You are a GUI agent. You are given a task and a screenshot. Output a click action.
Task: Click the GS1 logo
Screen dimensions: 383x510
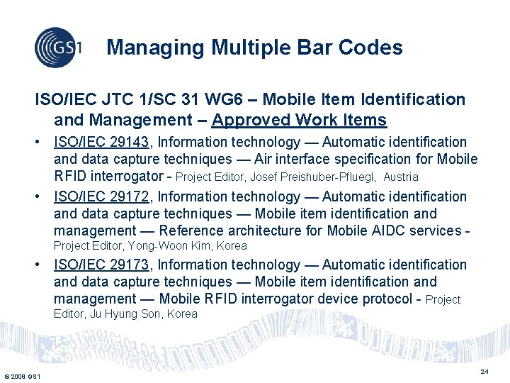pyautogui.click(x=58, y=47)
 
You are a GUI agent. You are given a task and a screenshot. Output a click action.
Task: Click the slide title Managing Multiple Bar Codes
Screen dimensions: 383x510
pyautogui.click(x=254, y=48)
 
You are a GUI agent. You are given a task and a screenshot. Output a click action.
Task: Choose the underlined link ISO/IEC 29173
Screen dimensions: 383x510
pyautogui.click(x=101, y=265)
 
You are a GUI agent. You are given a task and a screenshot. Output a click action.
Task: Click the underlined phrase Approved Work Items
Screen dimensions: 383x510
pyautogui.click(x=299, y=120)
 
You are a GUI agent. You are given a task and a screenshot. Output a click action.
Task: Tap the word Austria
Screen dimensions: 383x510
pyautogui.click(x=401, y=177)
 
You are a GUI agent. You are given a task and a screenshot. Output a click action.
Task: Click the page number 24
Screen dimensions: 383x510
pyautogui.click(x=484, y=372)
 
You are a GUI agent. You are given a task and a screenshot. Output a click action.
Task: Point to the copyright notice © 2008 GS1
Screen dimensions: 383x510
pyautogui.click(x=22, y=375)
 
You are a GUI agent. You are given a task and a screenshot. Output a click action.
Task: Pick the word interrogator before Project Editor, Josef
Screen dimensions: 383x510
pyautogui.click(x=128, y=177)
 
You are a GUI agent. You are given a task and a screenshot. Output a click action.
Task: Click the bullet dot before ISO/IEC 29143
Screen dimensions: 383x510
pyautogui.click(x=43, y=143)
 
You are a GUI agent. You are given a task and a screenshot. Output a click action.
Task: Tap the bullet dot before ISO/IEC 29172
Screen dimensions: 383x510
pyautogui.click(x=43, y=196)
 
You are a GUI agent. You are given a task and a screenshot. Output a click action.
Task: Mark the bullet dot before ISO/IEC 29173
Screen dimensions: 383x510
pyautogui.click(x=43, y=265)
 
